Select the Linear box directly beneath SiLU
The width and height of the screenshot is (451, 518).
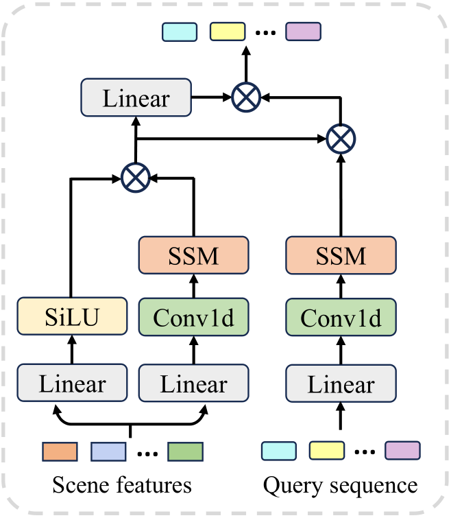coord(72,384)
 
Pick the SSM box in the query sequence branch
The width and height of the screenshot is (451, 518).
coord(341,257)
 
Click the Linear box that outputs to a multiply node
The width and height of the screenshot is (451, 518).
coord(136,97)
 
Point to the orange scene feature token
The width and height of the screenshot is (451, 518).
coord(59,451)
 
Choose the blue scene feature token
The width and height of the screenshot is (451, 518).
coord(108,451)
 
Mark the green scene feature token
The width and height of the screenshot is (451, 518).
coord(185,451)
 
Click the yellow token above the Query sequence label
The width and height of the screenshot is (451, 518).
coord(326,450)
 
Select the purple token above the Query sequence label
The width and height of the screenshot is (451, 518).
coord(402,450)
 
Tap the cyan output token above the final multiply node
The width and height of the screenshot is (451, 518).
coord(180,32)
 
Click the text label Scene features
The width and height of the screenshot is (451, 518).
coord(122,486)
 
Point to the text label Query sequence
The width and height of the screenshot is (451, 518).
coord(341,486)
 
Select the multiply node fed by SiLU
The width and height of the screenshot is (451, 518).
coord(135,178)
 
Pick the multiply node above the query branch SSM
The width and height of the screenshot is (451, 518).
coord(341,139)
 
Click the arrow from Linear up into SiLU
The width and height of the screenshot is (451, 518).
coord(72,353)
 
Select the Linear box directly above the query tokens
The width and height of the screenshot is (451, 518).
coord(341,384)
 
